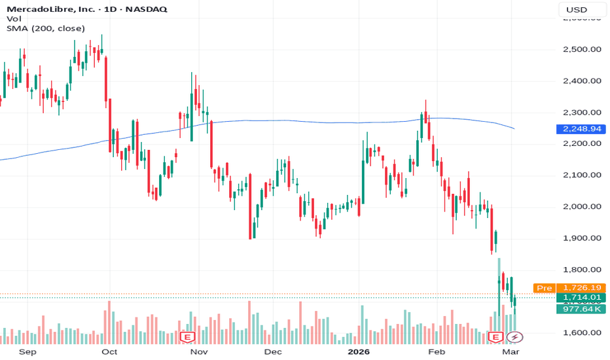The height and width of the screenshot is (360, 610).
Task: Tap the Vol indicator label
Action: [x=14, y=19]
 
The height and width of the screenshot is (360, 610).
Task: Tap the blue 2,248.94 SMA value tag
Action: [x=582, y=129]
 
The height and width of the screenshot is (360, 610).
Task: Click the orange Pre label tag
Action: [x=544, y=288]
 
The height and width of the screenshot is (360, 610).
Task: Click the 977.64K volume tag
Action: [x=582, y=310]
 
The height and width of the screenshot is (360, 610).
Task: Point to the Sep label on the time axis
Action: [x=27, y=351]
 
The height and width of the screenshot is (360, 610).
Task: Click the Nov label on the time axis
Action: [x=198, y=351]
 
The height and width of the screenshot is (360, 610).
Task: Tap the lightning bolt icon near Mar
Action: [x=516, y=337]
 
